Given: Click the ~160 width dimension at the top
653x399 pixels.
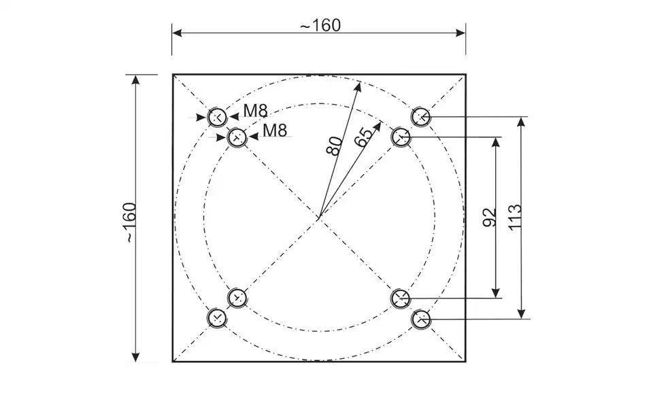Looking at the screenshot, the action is pyautogui.click(x=320, y=25).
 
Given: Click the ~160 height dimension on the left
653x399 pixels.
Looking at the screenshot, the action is pyautogui.click(x=131, y=222).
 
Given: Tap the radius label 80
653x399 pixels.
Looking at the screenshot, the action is pyautogui.click(x=335, y=145).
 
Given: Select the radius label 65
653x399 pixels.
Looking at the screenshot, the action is pyautogui.click(x=363, y=137).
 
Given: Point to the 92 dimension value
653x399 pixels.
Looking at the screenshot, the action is pyautogui.click(x=490, y=218).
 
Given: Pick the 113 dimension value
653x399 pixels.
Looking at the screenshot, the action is pyautogui.click(x=515, y=217).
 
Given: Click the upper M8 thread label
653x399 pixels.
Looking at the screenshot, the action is pyautogui.click(x=255, y=111).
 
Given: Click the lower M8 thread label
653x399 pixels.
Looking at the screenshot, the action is pyautogui.click(x=275, y=131).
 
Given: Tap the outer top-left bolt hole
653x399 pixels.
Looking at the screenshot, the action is pyautogui.click(x=217, y=117).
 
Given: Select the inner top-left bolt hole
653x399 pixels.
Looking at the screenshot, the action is pyautogui.click(x=237, y=137).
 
